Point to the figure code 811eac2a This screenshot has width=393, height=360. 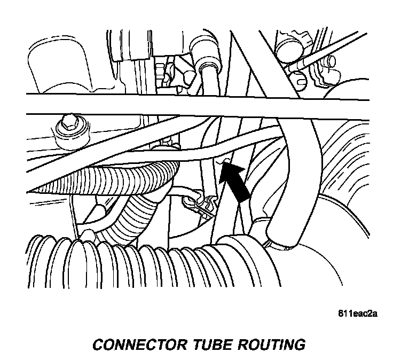[x=356, y=314]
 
